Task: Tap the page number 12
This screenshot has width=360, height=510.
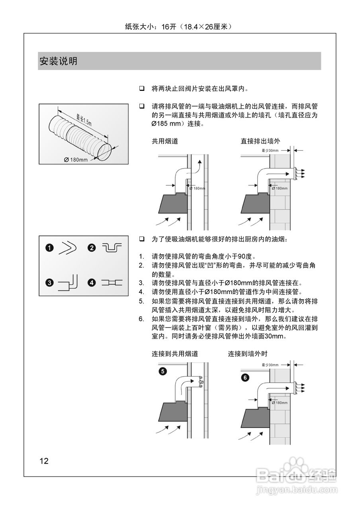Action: [x=44, y=461]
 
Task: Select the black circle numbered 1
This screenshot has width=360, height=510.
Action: [x=49, y=248]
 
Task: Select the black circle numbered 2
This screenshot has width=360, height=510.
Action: [x=92, y=248]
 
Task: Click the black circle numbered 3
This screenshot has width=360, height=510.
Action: [x=49, y=283]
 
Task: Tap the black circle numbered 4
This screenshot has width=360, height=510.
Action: [x=92, y=283]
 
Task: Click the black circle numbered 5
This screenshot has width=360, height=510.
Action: [x=162, y=371]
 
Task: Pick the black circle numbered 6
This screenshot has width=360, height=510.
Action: [x=245, y=377]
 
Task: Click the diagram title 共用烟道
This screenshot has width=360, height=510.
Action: [x=164, y=141]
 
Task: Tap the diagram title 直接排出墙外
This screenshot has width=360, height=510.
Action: [x=260, y=141]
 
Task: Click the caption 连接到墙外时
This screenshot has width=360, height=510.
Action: [x=248, y=353]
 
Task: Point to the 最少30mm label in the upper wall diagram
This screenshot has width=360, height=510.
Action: [x=270, y=151]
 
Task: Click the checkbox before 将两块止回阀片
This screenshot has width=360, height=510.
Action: [x=141, y=88]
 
